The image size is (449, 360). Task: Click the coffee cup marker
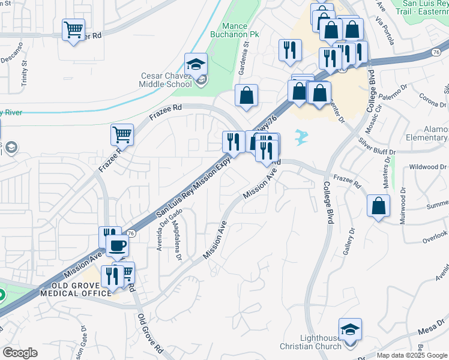click(117, 245)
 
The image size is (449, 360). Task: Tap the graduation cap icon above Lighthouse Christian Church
click(350, 329)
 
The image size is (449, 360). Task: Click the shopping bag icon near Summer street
click(379, 206)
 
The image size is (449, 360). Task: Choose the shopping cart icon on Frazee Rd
click(122, 134)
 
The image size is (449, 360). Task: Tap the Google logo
click(20, 353)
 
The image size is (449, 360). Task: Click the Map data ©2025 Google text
click(412, 355)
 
